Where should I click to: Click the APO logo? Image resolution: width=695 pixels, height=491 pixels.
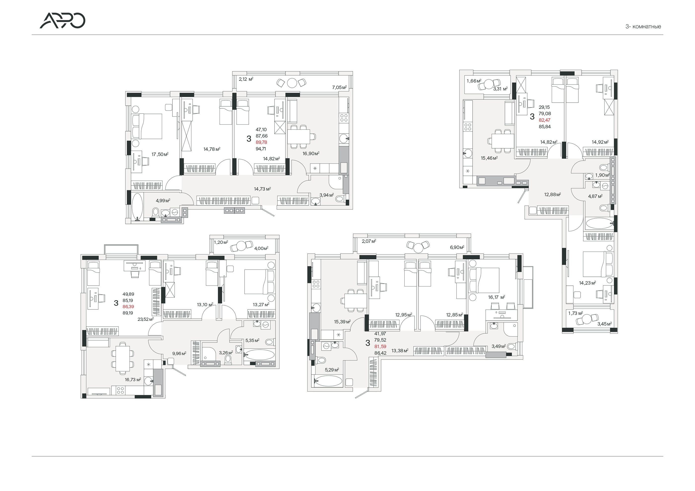62,21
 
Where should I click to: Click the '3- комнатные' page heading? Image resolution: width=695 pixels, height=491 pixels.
643,27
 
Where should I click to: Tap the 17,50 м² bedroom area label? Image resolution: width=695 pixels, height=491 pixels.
160,154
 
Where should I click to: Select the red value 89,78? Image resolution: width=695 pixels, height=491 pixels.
261,142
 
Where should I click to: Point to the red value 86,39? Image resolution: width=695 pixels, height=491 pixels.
128,307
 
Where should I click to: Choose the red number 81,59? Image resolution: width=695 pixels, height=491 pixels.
380,346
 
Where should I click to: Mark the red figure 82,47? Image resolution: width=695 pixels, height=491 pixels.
545,120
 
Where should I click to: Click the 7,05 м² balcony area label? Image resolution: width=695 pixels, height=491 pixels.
339,87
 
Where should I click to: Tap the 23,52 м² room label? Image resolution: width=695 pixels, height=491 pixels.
146,319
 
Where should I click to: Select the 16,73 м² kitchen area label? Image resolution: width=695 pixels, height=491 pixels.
133,379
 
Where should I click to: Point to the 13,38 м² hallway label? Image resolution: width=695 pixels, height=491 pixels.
400,351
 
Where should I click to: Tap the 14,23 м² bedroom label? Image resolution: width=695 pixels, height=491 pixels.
588,283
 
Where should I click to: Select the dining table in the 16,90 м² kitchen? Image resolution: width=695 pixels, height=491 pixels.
299,136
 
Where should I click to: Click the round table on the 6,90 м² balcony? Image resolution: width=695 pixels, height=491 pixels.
418,248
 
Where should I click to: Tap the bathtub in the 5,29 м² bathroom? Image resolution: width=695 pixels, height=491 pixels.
328,381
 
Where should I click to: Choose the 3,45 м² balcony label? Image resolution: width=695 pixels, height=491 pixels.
604,324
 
